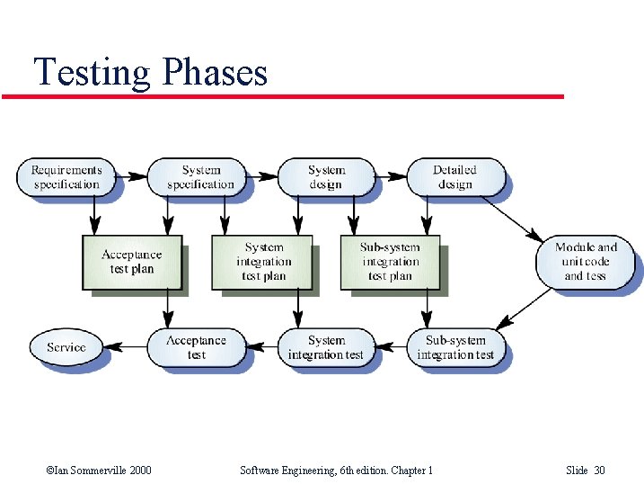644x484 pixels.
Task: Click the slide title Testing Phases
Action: pyautogui.click(x=151, y=71)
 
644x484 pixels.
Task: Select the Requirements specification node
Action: pyautogui.click(x=66, y=177)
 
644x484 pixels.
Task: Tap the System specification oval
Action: pyautogui.click(x=200, y=177)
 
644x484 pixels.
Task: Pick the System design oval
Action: pyautogui.click(x=326, y=177)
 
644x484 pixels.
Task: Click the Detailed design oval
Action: pyautogui.click(x=455, y=177)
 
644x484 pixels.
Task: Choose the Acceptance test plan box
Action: pyautogui.click(x=132, y=263)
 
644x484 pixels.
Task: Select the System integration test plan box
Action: pyautogui.click(x=262, y=262)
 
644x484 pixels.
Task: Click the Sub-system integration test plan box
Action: pyautogui.click(x=390, y=262)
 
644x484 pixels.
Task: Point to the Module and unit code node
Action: pyautogui.click(x=586, y=262)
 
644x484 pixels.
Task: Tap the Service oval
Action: pyautogui.click(x=66, y=347)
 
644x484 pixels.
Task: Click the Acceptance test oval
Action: pyautogui.click(x=196, y=347)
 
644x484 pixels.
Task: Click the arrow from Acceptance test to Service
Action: pyautogui.click(x=132, y=347)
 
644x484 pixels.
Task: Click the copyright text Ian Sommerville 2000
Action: pyautogui.click(x=98, y=471)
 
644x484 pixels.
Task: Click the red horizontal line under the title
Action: pyautogui.click(x=283, y=96)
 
